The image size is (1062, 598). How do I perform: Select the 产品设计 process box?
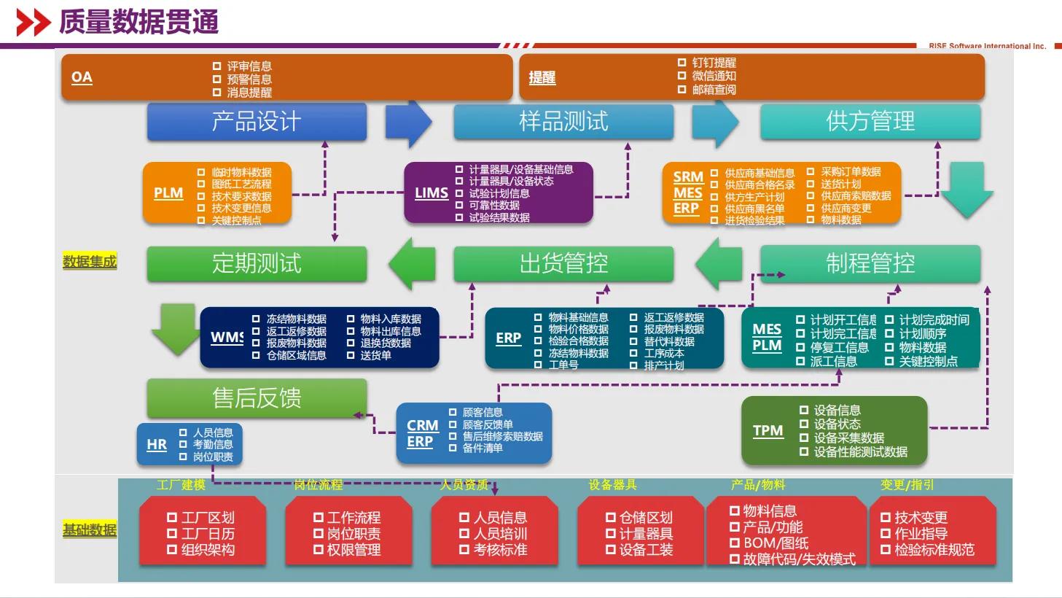[x=257, y=121]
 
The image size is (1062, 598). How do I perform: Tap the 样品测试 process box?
[x=563, y=121]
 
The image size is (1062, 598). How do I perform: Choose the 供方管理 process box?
[x=870, y=121]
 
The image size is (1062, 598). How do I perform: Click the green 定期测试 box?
[x=257, y=263]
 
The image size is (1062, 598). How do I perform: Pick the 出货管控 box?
[x=563, y=263]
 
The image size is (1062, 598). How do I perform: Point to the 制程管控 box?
[x=870, y=263]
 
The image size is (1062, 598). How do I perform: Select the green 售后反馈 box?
[x=257, y=398]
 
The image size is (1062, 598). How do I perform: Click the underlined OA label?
[x=82, y=77]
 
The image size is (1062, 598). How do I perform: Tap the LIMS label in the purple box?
[x=431, y=193]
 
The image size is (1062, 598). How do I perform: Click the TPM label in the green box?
[x=768, y=431]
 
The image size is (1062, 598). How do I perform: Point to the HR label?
[x=157, y=445]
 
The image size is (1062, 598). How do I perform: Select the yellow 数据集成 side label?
[x=90, y=262]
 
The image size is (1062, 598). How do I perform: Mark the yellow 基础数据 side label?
[x=90, y=530]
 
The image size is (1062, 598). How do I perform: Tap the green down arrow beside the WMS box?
[x=175, y=330]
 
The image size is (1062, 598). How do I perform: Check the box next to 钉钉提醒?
[x=682, y=63]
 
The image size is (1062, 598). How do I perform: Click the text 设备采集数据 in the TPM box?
[x=848, y=438]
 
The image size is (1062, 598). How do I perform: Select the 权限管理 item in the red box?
[x=354, y=550]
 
